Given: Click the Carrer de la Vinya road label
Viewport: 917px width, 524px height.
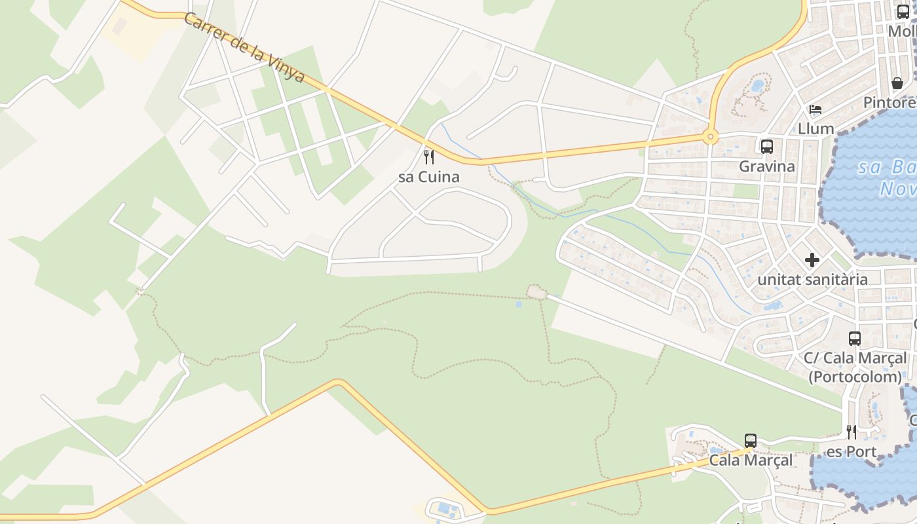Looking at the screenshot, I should coord(244,48).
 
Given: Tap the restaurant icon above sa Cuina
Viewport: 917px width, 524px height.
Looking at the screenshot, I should coord(429,157).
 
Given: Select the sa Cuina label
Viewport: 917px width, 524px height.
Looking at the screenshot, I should coord(429,177).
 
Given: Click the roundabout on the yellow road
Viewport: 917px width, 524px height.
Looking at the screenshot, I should coord(710,138).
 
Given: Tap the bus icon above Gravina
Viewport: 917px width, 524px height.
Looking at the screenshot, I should coord(766,147).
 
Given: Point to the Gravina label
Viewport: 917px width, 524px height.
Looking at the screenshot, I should coord(766,166).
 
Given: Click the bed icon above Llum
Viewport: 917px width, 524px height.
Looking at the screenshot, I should coord(815,109).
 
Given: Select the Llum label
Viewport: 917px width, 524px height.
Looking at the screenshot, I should coord(815,128).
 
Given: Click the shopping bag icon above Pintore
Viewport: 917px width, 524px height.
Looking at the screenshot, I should coord(897,83).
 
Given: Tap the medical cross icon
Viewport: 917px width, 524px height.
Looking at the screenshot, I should coord(812,260).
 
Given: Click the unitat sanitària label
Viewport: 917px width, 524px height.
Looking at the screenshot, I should coord(812,280).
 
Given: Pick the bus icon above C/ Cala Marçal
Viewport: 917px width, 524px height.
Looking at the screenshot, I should coord(855,339).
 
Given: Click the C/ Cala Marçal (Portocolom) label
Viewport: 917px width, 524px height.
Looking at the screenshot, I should coord(855,367).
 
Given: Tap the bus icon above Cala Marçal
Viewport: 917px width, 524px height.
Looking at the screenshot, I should coord(751,441).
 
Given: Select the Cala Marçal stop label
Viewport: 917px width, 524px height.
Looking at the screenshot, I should coord(751,460).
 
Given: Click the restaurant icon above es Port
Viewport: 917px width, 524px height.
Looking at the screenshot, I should coord(851,432).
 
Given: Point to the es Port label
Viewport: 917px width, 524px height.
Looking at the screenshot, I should coord(851,452).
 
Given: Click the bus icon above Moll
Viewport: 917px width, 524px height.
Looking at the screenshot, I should coord(903,11).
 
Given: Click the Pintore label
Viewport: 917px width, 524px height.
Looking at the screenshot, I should coord(889,103).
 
